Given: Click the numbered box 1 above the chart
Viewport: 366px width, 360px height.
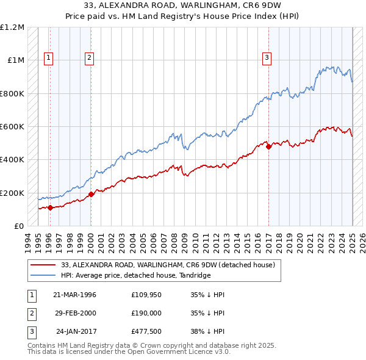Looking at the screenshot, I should (48, 58).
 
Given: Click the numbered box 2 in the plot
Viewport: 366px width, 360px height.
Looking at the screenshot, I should (89, 58).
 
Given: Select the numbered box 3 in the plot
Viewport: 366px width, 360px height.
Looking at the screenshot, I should (267, 58).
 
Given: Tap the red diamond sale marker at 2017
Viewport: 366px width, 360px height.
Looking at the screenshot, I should (269, 147).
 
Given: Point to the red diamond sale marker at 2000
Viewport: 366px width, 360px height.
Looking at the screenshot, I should (91, 195).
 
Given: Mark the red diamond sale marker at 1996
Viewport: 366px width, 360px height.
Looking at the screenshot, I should (50, 207).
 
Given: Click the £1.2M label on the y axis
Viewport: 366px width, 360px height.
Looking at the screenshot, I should (12, 27).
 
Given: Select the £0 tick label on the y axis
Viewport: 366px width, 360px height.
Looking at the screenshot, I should (17, 226).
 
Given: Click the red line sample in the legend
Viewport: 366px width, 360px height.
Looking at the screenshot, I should (44, 265).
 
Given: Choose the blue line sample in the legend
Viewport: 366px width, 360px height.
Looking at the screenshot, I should (44, 275).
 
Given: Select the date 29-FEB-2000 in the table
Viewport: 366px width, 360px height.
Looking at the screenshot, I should (74, 314).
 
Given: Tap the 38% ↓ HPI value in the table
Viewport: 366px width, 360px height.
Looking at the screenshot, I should (207, 333).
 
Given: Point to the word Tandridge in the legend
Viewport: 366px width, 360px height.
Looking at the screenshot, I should (195, 275).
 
